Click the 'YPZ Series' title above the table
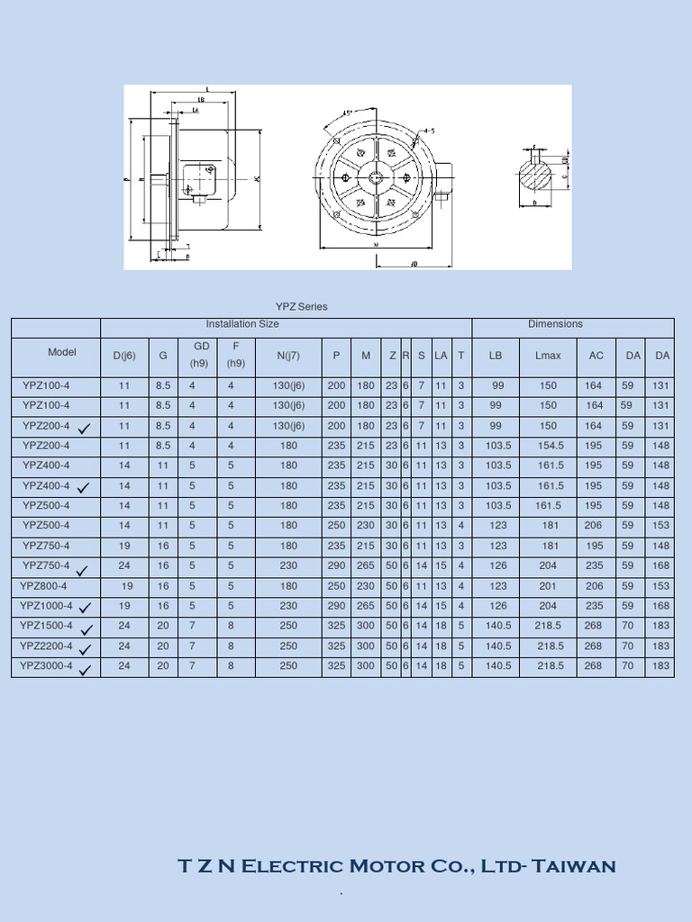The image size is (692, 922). [x=301, y=307]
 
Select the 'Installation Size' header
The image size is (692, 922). [x=241, y=324]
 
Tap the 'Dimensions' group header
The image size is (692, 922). [x=555, y=324]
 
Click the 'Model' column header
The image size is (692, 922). [x=62, y=352]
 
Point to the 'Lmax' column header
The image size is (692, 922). [x=548, y=356]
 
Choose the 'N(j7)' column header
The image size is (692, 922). [x=288, y=356]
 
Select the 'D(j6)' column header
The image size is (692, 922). [x=124, y=356]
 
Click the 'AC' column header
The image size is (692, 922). [x=596, y=356]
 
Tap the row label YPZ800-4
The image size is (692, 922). [x=45, y=586]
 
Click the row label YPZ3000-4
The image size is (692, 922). [x=46, y=666]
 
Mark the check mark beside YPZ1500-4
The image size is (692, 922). [x=86, y=630]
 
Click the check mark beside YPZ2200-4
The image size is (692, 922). [x=86, y=650]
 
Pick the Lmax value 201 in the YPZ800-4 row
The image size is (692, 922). [x=548, y=586]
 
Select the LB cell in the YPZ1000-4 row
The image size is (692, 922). [x=498, y=606]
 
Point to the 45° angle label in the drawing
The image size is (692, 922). [x=348, y=114]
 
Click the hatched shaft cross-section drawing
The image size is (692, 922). [x=538, y=175]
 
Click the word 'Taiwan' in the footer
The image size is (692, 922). [x=574, y=867]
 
